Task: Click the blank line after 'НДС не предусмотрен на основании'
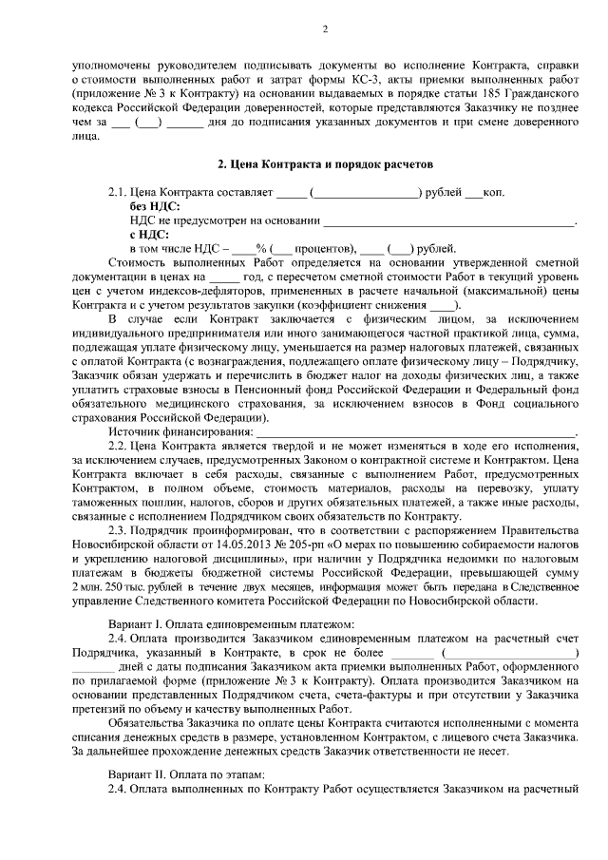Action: tap(448, 221)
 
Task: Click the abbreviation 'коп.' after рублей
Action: tap(493, 193)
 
